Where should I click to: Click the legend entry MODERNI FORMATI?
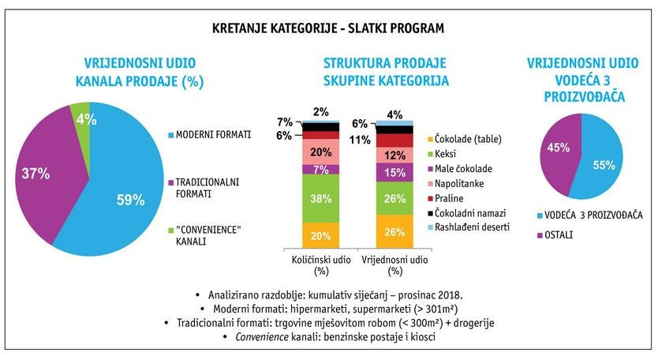tap(209, 134)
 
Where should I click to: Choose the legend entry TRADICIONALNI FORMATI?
tap(203, 188)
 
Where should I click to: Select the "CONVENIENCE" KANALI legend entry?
tap(204, 236)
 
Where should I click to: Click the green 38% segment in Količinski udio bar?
tap(321, 198)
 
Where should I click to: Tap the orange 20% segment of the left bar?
tap(321, 235)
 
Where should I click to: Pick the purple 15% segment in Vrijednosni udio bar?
tap(394, 172)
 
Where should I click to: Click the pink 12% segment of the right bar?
tap(394, 155)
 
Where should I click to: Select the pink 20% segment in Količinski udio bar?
tap(321, 152)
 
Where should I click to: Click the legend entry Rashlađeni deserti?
tap(469, 227)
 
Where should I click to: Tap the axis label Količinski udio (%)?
tap(321, 265)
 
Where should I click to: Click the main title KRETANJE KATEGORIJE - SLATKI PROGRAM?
tap(327, 28)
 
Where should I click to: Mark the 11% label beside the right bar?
tap(360, 140)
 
